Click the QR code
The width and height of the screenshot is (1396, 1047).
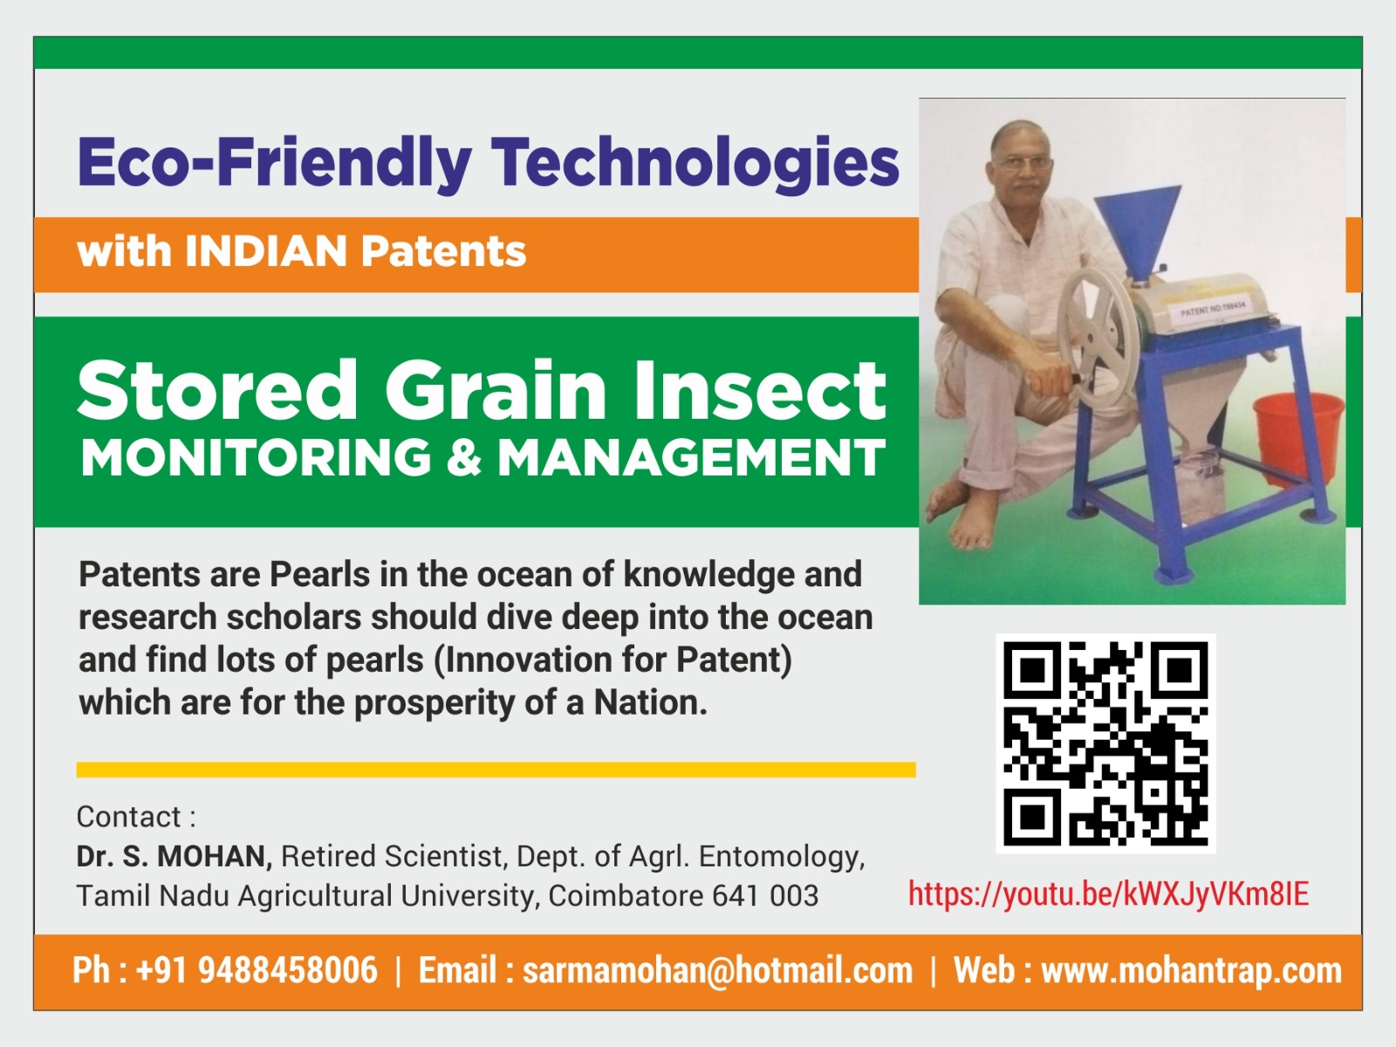point(1105,743)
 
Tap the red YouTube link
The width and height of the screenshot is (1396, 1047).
point(1109,893)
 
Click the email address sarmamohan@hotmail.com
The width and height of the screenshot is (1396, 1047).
point(717,971)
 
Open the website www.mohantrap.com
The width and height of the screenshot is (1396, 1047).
point(1191,971)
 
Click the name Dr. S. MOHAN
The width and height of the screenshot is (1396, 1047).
point(174,856)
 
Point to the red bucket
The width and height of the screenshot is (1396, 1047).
point(1297,437)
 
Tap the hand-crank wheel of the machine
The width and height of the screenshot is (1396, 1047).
point(1098,338)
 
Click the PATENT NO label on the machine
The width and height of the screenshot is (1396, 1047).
point(1213,310)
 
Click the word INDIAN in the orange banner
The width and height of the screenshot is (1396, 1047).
point(265,251)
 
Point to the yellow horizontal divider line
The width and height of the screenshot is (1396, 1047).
point(496,770)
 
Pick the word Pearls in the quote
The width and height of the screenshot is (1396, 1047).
point(320,575)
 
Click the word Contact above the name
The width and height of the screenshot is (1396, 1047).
point(129,817)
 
